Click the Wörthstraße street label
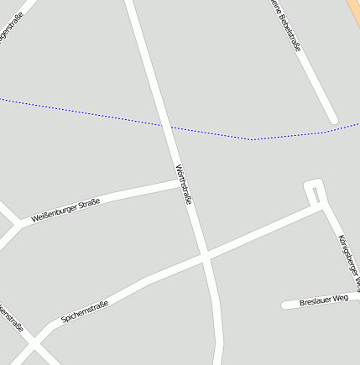184,185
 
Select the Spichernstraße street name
85,311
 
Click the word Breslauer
315,300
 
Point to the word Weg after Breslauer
340,298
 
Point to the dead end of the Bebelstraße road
333,120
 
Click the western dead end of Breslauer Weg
285,305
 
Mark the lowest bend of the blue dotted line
252,139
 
